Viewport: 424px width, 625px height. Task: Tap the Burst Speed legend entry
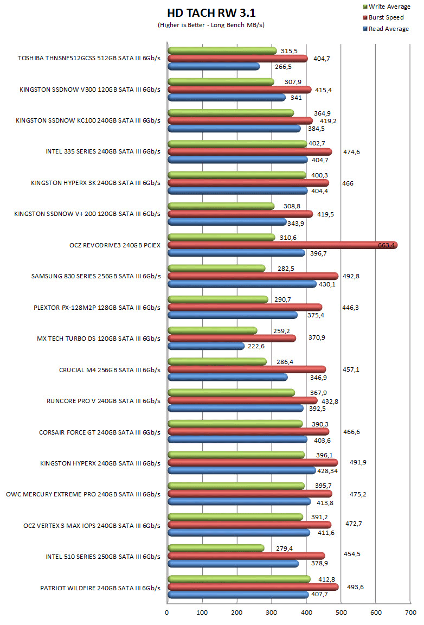[386, 17]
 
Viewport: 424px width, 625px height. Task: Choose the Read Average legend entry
[388, 29]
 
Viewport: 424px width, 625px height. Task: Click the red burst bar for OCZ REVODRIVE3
[282, 245]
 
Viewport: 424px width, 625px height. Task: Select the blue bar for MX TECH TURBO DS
[206, 346]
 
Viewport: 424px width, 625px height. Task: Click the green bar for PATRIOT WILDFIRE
[239, 579]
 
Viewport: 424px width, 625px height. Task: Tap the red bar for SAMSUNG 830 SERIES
[253, 276]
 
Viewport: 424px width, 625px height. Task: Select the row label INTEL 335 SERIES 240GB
[103, 151]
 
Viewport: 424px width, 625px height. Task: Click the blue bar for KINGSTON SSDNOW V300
[227, 98]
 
